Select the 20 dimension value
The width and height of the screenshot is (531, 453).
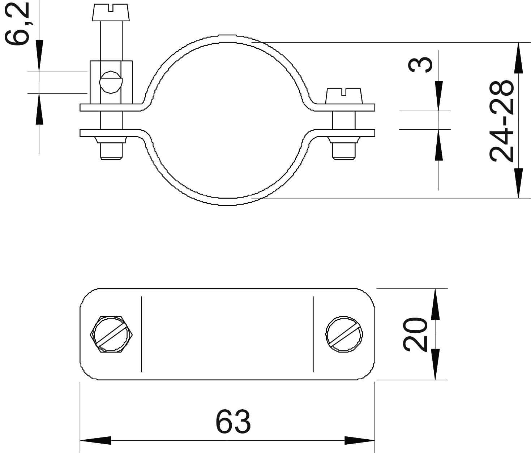tap(415, 335)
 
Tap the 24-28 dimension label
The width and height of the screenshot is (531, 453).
tap(501, 121)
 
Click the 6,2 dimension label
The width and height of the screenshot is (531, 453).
tap(17, 23)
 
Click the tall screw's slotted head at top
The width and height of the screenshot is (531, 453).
tap(111, 12)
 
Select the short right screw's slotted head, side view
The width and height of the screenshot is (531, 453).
tap(344, 96)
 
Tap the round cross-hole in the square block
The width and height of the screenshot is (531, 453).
tap(111, 82)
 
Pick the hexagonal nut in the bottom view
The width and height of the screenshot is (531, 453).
tap(111, 335)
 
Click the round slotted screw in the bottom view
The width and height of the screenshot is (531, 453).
tap(344, 335)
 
